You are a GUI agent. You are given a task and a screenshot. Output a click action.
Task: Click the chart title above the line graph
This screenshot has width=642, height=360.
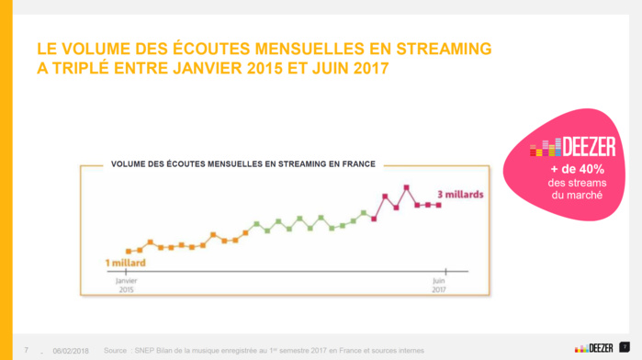(x=243, y=164)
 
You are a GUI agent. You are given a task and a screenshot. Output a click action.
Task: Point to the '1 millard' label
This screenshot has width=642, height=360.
(x=126, y=263)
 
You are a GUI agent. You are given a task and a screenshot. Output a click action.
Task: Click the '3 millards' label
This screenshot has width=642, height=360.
(x=460, y=195)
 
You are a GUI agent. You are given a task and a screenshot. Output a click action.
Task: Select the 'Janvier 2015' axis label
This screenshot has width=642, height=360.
(x=126, y=285)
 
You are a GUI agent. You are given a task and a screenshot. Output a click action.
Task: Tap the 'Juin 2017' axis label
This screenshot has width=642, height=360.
(x=439, y=285)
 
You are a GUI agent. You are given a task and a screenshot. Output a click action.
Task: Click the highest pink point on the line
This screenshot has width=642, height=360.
(x=406, y=187)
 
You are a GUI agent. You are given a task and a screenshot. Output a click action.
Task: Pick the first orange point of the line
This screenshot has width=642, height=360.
(x=128, y=251)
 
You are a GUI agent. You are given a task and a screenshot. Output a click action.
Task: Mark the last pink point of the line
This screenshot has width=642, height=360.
(x=439, y=205)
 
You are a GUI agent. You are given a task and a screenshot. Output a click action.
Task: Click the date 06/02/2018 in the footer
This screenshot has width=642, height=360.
(x=71, y=350)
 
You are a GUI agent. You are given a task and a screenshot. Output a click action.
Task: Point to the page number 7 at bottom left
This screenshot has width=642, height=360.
(x=26, y=350)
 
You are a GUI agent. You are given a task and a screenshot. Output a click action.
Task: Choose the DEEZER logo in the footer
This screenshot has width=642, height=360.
(x=594, y=347)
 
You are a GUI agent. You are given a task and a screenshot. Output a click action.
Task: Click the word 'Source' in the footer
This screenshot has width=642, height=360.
(x=116, y=350)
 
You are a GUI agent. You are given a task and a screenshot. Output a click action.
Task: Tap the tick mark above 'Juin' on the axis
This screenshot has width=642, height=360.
(x=439, y=271)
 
